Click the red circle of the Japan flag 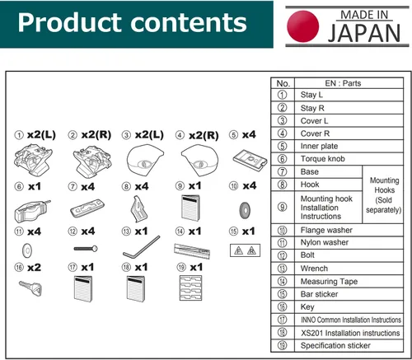click(x=303, y=26)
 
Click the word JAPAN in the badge click(x=364, y=33)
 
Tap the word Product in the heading click(x=71, y=23)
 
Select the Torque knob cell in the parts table click(x=322, y=159)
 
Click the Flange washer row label click(x=326, y=230)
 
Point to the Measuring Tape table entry click(x=329, y=282)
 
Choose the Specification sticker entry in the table click(x=335, y=345)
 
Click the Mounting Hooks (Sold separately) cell click(x=384, y=195)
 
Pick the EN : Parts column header click(x=343, y=83)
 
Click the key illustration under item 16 click(x=30, y=288)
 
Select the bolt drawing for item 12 click(x=86, y=249)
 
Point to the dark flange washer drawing click(x=245, y=210)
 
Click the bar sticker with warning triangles click(x=245, y=250)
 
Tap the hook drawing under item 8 click(x=138, y=208)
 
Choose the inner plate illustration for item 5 click(x=250, y=160)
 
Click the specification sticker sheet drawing click(x=190, y=288)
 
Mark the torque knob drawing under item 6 click(x=31, y=211)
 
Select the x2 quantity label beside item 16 click(x=34, y=268)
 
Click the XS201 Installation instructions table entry click(x=350, y=333)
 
